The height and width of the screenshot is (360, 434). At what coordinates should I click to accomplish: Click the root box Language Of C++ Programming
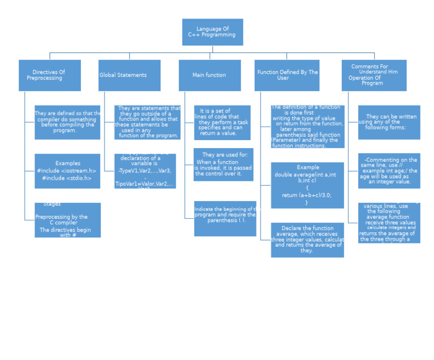pos(212,32)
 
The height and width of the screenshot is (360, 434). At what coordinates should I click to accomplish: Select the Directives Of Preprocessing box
pos(49,75)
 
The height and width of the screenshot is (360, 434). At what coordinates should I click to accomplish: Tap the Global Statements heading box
pos(129,75)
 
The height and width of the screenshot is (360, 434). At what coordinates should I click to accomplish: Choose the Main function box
pos(210,75)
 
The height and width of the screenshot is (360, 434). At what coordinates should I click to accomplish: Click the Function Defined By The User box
pos(287,75)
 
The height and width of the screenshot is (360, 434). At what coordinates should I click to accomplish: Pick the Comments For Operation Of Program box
pos(374,75)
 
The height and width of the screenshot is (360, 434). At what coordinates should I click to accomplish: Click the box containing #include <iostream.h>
pos(67,171)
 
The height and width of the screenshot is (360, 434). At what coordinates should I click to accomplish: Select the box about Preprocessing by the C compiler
pos(67,220)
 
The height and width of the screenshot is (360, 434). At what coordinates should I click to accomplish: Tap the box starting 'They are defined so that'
pos(67,122)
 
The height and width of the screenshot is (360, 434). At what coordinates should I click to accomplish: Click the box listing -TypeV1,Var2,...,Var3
pos(145,171)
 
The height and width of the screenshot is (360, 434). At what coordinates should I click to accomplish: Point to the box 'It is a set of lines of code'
pos(222,122)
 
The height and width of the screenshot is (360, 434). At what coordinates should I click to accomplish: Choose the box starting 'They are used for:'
pos(223,164)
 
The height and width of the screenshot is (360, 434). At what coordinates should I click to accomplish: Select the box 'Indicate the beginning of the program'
pos(225,218)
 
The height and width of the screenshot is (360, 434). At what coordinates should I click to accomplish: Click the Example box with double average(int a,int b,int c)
pos(307,185)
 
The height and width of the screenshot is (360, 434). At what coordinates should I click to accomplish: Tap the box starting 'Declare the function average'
pos(307,240)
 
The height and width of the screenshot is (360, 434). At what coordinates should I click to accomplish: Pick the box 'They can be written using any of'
pos(389,122)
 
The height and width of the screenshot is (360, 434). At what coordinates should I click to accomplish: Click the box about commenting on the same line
pos(389,171)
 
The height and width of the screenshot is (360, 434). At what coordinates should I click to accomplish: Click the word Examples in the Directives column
pos(68,163)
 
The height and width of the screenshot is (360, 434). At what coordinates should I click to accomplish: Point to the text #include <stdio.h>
pos(67,179)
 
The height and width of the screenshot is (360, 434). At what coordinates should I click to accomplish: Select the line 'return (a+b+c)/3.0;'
pos(307,196)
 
